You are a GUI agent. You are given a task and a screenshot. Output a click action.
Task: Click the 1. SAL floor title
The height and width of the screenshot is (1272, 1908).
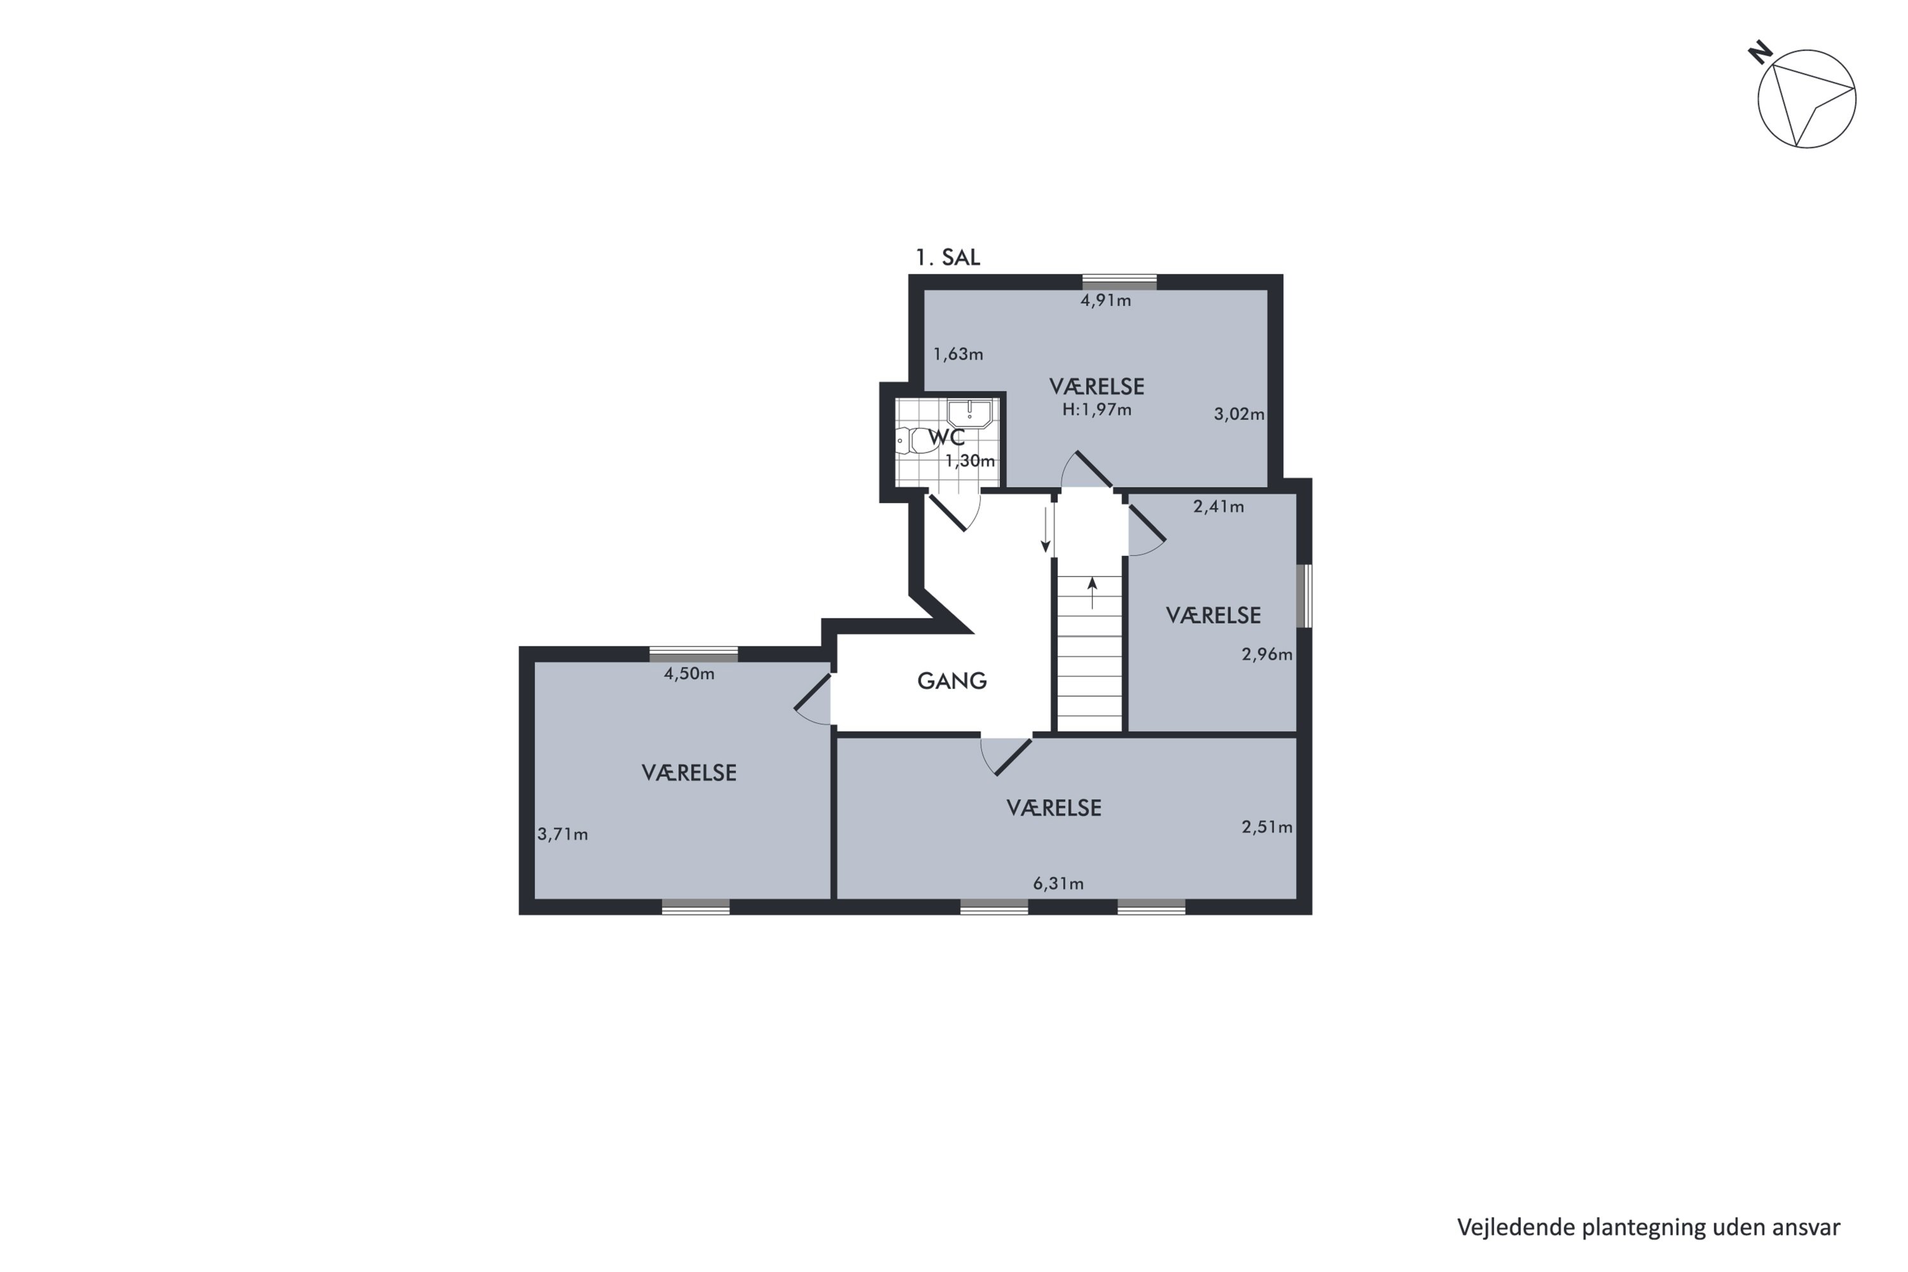point(948,257)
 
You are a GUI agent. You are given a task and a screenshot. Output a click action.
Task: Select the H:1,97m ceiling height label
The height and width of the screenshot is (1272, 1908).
point(1096,410)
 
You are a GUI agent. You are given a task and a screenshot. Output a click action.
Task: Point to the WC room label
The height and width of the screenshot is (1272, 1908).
point(947,438)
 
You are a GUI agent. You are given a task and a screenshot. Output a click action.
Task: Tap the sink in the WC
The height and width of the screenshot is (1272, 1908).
point(969,414)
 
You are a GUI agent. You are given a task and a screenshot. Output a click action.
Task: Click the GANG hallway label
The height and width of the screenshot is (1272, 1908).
point(951,681)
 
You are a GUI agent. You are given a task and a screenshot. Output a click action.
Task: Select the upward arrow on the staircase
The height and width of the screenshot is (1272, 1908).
point(1092,593)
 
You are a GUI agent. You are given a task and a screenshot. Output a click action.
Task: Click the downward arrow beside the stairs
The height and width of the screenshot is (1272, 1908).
point(1046,530)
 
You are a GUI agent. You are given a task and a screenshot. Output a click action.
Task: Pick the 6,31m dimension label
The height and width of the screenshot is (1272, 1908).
point(1058,883)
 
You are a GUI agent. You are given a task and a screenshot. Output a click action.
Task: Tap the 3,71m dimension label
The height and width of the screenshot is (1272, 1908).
point(562,834)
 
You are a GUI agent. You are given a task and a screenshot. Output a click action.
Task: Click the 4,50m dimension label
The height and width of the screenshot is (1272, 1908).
point(689,674)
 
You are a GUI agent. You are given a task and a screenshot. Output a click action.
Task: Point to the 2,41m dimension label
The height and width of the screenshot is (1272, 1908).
point(1218,506)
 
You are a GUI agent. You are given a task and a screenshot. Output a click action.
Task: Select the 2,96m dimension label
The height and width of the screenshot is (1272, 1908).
point(1266,654)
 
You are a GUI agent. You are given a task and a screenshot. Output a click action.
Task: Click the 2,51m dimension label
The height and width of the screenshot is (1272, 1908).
point(1266,827)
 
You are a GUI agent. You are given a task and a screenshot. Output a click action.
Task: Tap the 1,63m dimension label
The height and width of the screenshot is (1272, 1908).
point(957,354)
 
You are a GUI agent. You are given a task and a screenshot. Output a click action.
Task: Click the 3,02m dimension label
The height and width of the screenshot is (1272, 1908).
point(1239,414)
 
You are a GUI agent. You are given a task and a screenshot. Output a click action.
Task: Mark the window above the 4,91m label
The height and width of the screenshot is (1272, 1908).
point(1119,282)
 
